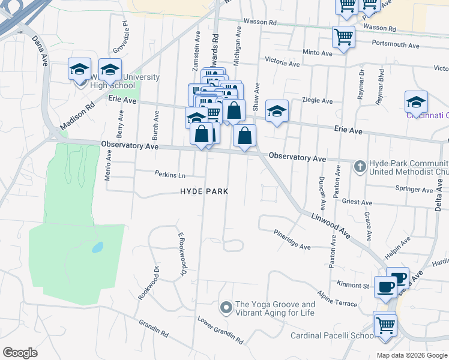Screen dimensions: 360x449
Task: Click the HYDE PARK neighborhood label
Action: click(x=204, y=191)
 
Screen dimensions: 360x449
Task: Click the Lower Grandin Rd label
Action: click(x=220, y=330)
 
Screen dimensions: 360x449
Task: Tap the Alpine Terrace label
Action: click(x=338, y=299)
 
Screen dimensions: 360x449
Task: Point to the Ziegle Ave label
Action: click(x=318, y=101)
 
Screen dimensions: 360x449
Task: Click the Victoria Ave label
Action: click(x=282, y=63)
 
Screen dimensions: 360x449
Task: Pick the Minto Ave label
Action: click(x=318, y=53)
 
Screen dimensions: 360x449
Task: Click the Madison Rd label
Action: click(x=77, y=114)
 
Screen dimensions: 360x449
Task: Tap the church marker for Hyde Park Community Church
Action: click(x=360, y=165)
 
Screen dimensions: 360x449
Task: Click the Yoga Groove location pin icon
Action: click(x=226, y=308)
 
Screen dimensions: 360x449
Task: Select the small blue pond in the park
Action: click(x=97, y=247)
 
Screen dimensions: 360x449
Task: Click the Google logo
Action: click(x=20, y=353)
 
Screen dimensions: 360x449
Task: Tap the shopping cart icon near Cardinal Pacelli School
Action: click(x=385, y=326)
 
